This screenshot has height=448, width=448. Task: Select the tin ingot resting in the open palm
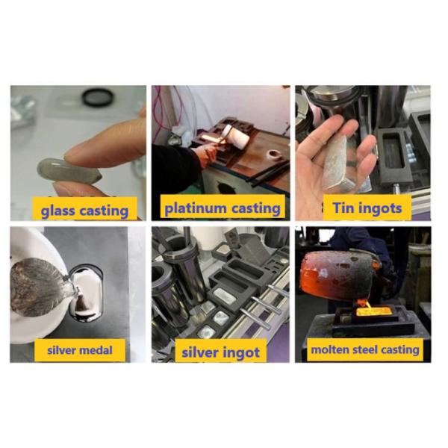[336, 161]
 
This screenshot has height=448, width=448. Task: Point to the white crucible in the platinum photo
[240, 141]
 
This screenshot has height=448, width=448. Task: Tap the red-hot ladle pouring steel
[335, 272]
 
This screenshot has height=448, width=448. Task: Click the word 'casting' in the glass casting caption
[102, 211]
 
